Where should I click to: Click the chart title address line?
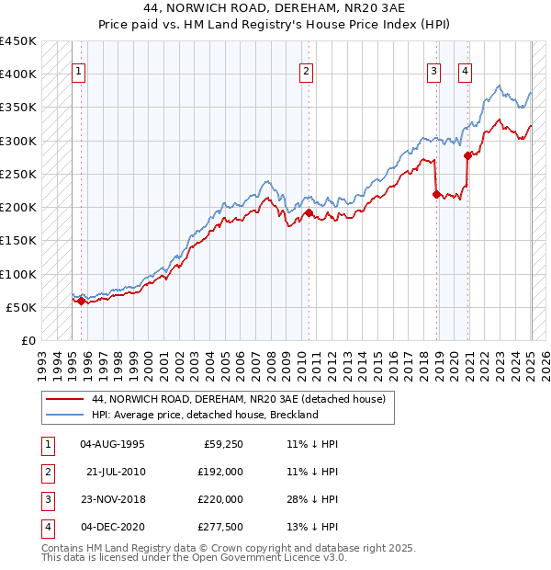click(x=275, y=7)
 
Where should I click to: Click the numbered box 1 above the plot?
click(x=79, y=73)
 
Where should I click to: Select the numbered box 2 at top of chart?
click(x=306, y=73)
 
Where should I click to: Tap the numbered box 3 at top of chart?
click(x=434, y=73)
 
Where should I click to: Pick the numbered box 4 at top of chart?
click(x=466, y=73)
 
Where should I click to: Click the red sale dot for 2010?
click(x=309, y=212)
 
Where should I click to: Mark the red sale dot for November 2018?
click(x=436, y=193)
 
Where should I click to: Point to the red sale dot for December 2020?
click(x=467, y=155)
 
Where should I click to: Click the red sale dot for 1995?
click(x=81, y=301)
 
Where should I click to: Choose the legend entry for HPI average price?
click(x=205, y=415)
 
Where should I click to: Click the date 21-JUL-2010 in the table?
click(x=116, y=472)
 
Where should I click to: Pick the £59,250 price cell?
click(x=221, y=444)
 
